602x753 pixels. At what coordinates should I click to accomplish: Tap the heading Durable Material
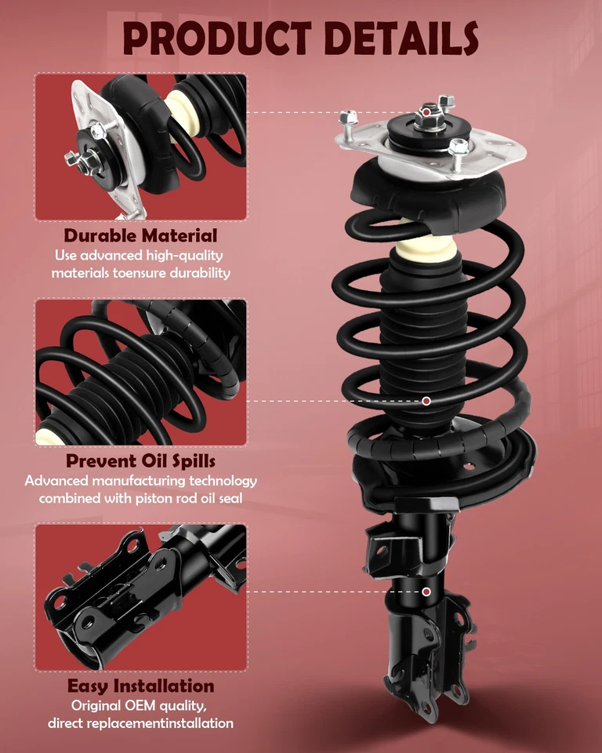point(140,235)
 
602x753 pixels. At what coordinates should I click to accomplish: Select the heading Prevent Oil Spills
point(140,460)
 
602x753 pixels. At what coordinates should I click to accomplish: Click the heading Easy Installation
point(140,686)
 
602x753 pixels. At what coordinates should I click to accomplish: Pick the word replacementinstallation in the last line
point(167,722)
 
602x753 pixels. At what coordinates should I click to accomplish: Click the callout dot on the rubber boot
point(426,401)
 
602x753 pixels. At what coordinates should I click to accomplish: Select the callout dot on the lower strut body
point(426,591)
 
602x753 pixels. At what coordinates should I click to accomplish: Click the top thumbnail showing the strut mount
point(140,147)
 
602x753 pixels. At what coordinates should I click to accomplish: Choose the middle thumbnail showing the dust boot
point(140,372)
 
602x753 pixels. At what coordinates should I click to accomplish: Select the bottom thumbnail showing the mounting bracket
point(140,598)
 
